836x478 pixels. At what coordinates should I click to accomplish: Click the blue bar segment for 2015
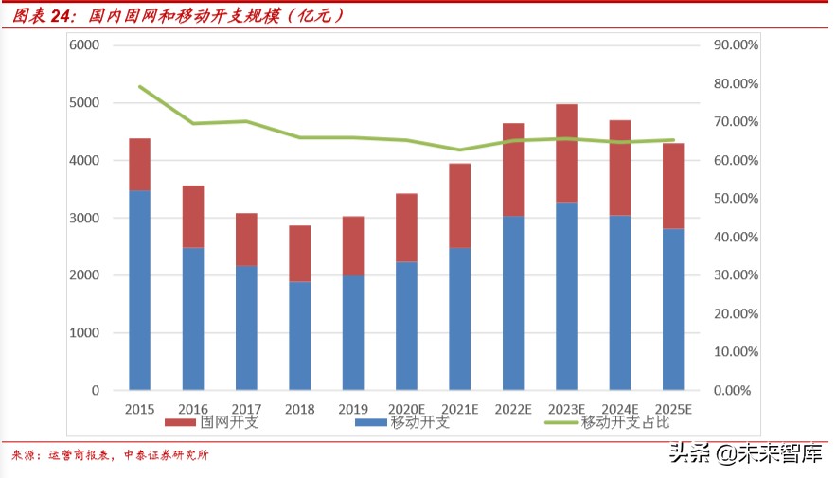click(x=139, y=290)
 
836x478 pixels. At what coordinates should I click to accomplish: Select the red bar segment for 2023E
click(x=567, y=152)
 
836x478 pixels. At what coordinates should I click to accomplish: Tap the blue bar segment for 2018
click(x=300, y=335)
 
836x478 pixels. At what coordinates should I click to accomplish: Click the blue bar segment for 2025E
click(x=673, y=309)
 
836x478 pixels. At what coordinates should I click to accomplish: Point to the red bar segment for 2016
click(x=193, y=216)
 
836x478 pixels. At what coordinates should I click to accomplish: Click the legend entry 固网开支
click(x=211, y=422)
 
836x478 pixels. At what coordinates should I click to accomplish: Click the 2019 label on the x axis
click(x=353, y=408)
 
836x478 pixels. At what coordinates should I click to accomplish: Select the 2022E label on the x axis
click(x=514, y=408)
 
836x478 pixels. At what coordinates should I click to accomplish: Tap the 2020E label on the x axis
click(x=407, y=408)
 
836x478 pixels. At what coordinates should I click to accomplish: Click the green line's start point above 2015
click(x=140, y=86)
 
